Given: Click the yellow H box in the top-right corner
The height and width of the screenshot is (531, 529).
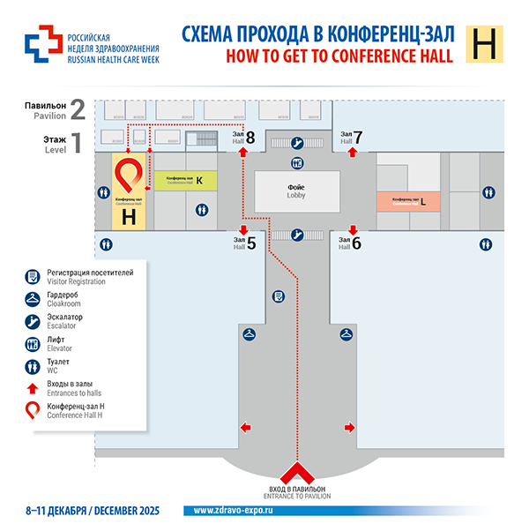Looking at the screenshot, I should pos(485,44).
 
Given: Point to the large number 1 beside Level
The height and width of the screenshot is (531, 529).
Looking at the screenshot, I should pos(77,142).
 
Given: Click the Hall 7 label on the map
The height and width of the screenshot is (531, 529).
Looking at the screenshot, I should pos(352,137).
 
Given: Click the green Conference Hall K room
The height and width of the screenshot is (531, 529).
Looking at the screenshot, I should pos(185,180).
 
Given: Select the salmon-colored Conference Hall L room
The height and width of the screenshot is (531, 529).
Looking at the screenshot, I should pos(410,201).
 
